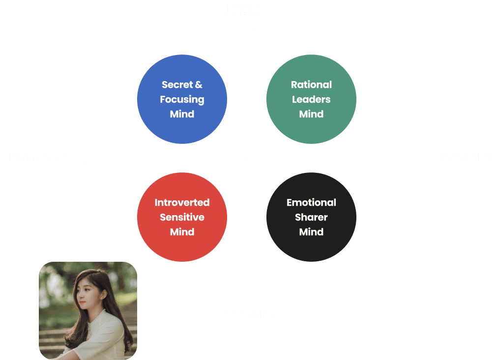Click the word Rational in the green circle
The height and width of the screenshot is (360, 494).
(311, 85)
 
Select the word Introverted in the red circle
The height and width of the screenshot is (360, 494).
(182, 202)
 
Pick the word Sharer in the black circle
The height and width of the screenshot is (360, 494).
(311, 217)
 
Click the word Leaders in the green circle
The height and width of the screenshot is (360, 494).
(311, 99)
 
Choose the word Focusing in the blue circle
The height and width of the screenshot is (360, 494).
(182, 99)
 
